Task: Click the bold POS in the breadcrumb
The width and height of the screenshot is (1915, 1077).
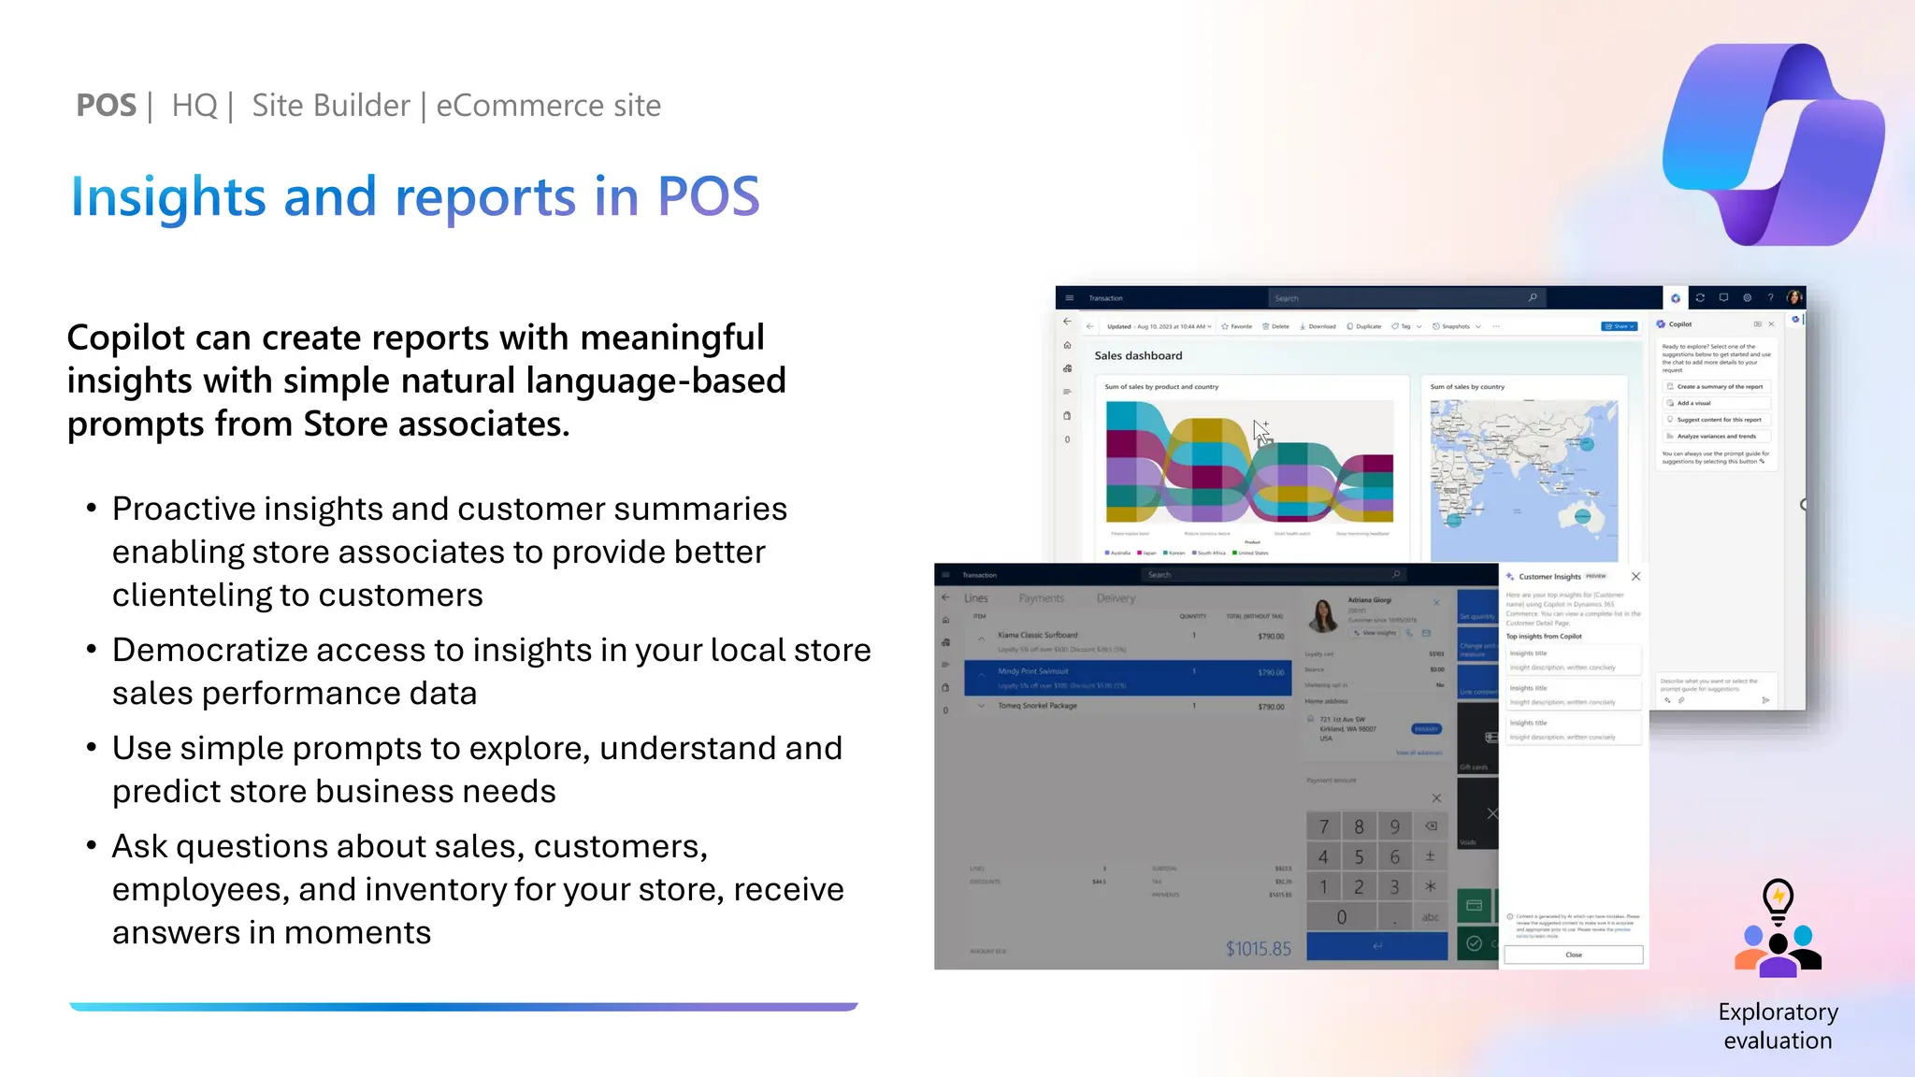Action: (106, 106)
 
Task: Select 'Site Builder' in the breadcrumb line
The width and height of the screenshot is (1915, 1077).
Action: (331, 106)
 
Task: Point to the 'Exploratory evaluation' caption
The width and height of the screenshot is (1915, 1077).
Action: (1778, 1026)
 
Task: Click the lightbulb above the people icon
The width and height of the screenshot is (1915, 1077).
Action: (1778, 900)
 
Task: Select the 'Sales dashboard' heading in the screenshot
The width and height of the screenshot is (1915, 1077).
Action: (1138, 356)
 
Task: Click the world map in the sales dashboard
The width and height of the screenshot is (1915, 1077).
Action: (1523, 480)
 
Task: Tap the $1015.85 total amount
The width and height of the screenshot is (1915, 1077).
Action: (1258, 949)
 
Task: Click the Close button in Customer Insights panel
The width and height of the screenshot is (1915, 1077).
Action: (1573, 955)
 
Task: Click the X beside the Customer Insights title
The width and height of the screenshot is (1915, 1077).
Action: (1635, 577)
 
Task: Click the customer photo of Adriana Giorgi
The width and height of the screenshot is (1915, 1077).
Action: (1323, 615)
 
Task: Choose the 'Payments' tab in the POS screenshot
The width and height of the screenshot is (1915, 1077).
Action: (1041, 598)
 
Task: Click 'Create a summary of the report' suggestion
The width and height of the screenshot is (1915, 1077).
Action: (1719, 386)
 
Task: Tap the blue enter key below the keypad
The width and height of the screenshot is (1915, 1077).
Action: (1376, 946)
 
